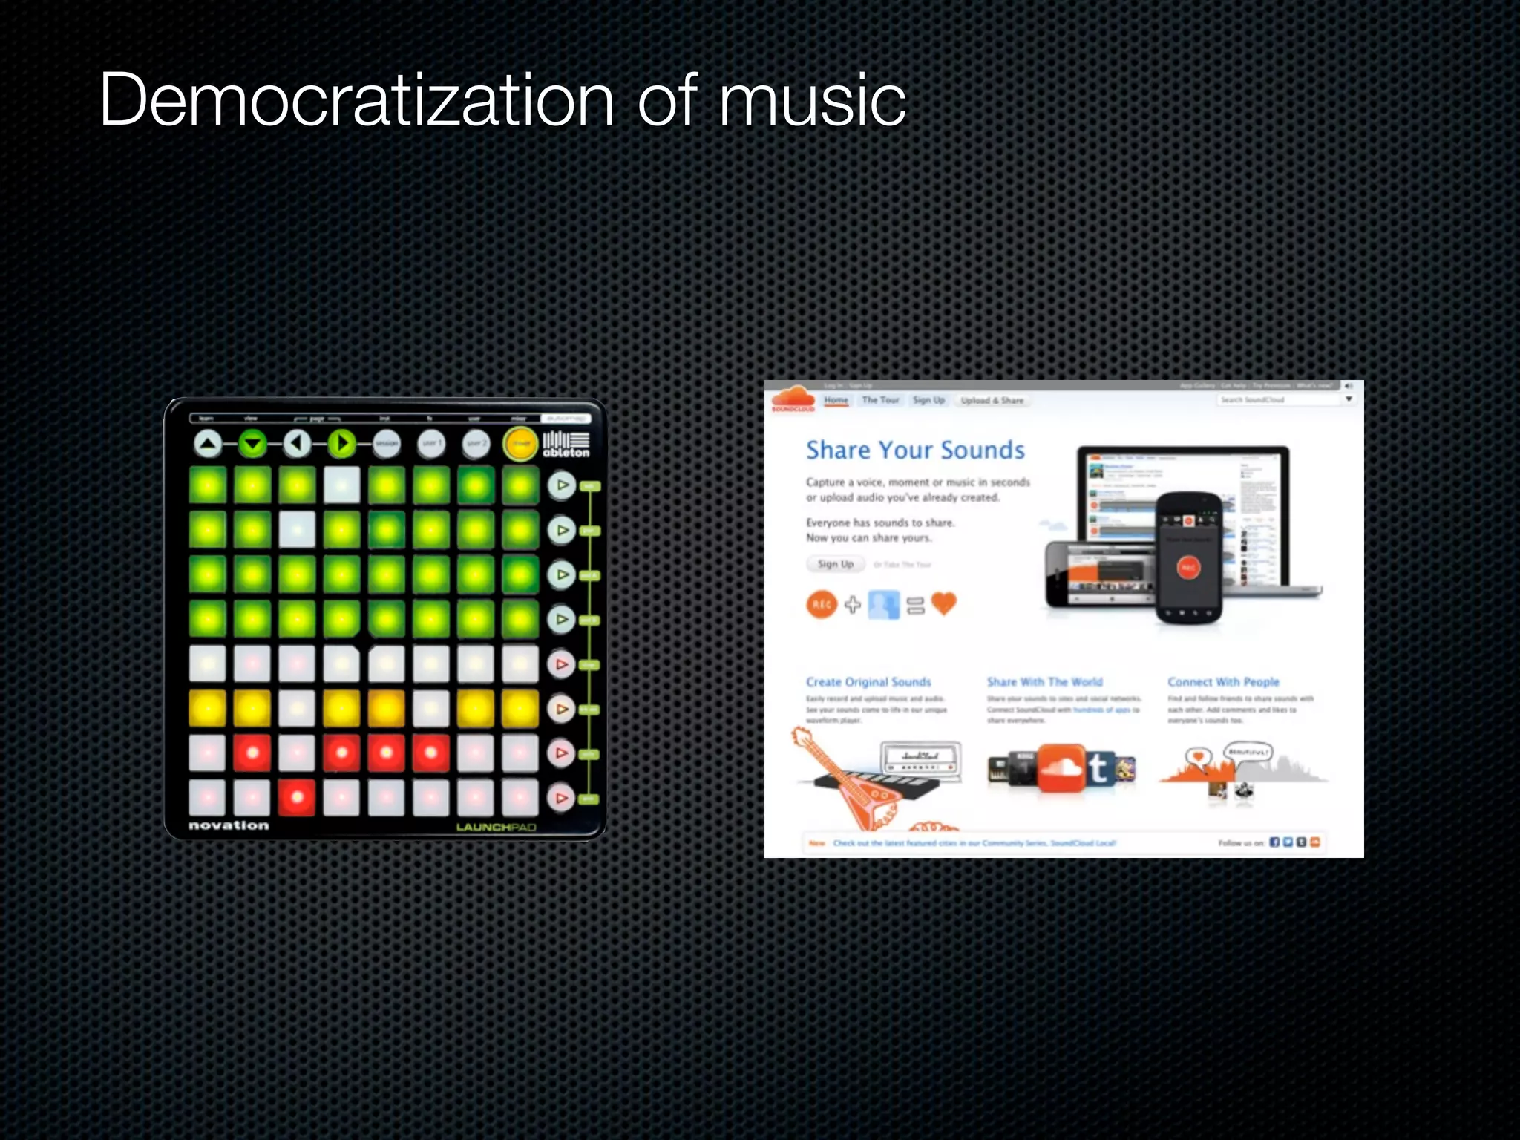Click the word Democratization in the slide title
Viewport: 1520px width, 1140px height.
[356, 101]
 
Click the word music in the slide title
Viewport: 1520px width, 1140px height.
[812, 101]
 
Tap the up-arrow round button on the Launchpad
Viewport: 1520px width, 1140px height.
[208, 444]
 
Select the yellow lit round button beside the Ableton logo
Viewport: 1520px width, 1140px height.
[520, 444]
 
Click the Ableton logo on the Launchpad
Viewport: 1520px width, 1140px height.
[566, 444]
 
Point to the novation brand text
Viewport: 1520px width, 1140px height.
[229, 825]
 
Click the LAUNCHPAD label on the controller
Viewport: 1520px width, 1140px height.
[496, 827]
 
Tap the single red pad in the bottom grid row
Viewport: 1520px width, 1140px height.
[297, 798]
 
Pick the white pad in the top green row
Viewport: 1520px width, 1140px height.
[341, 485]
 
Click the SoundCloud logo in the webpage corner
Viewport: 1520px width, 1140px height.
[793, 399]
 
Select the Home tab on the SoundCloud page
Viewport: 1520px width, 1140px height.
[836, 400]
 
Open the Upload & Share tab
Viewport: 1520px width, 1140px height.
[992, 401]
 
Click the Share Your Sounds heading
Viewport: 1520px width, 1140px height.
[915, 451]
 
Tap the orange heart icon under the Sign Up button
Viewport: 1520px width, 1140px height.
[943, 603]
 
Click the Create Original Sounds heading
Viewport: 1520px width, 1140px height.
[868, 682]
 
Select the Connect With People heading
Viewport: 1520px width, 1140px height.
[1223, 682]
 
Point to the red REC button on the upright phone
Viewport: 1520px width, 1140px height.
[1187, 568]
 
